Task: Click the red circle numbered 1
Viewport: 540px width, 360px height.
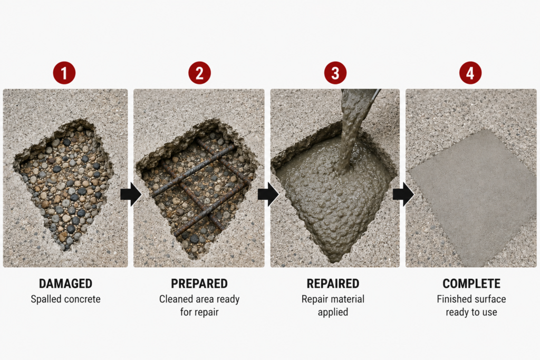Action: pos(64,73)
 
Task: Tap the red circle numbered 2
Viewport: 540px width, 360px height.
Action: pos(199,73)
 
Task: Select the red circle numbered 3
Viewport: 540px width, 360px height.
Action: pos(335,73)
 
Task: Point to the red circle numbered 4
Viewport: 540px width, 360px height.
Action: pos(470,73)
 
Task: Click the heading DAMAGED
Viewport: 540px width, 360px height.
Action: pos(65,284)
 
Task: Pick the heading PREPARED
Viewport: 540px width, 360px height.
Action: pos(199,284)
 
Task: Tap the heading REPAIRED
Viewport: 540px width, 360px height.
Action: pos(333,284)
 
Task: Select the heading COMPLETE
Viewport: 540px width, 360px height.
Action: pos(471,284)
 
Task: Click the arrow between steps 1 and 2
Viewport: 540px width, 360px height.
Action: pos(131,194)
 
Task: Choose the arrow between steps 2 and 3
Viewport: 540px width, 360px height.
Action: pos(268,194)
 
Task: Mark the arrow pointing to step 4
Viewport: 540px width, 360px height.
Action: pos(403,194)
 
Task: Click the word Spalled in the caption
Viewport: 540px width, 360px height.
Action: pos(46,299)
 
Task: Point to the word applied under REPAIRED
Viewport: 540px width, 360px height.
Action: pos(333,313)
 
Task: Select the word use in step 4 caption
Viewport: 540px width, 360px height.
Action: pos(489,313)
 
